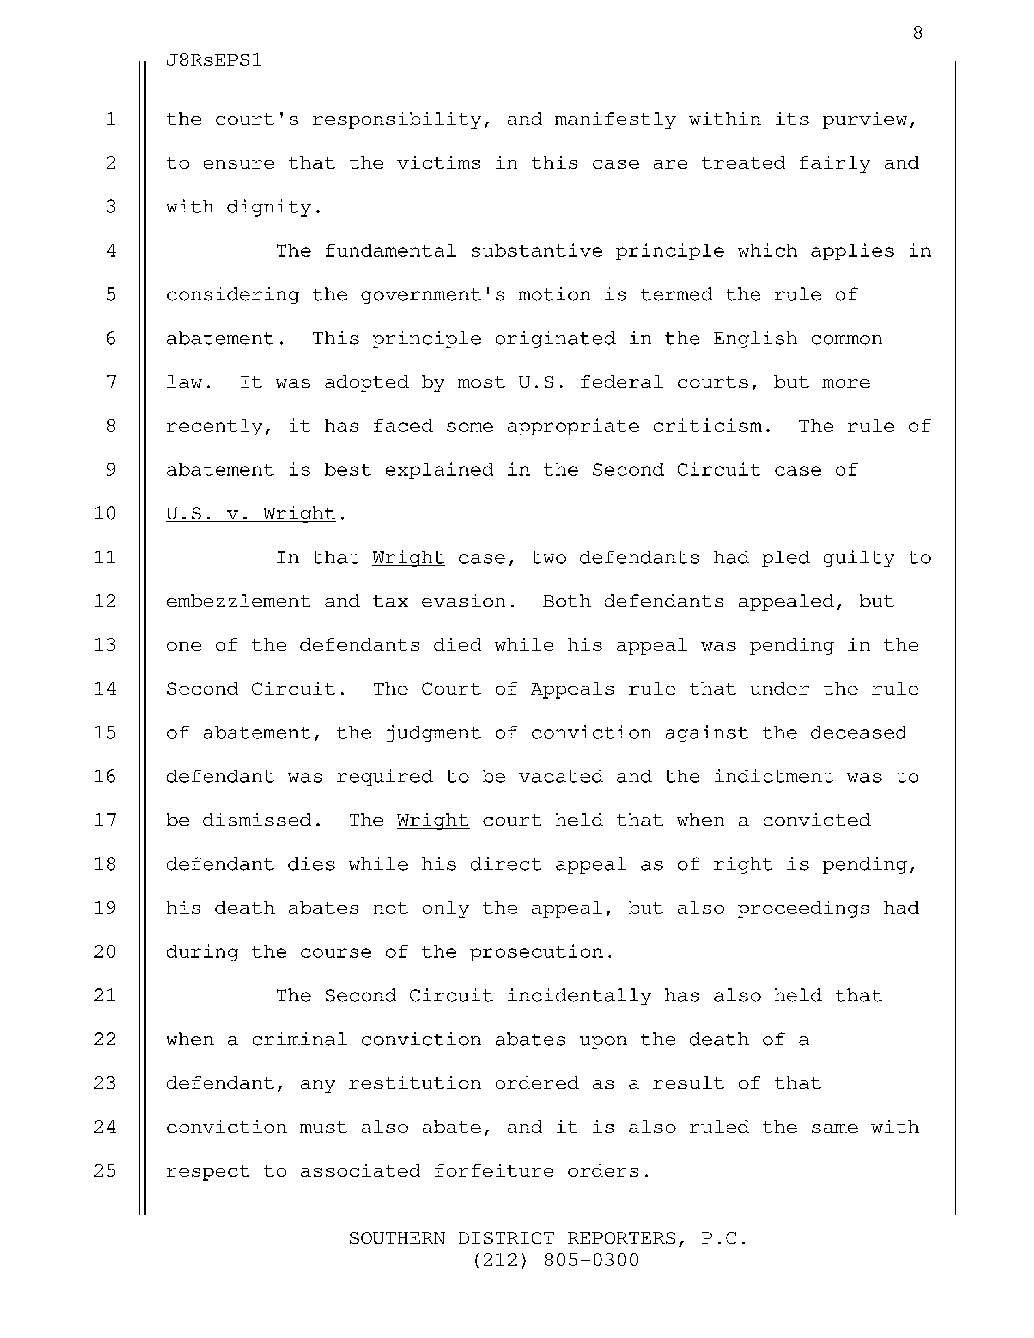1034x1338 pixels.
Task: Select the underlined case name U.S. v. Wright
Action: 251,513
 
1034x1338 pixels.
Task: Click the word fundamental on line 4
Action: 390,251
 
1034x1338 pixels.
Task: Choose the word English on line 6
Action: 755,339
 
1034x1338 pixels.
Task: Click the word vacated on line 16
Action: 560,777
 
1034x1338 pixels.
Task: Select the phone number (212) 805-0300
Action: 555,1260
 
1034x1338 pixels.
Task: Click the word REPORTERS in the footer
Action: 621,1238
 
